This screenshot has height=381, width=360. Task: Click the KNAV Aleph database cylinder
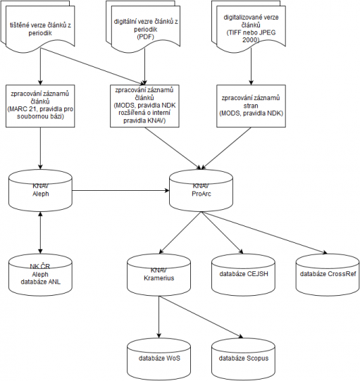coord(40,190)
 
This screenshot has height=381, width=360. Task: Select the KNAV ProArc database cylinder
coord(201,190)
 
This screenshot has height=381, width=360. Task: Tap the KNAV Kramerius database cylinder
coord(159,275)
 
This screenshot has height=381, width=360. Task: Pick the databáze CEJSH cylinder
coord(243,275)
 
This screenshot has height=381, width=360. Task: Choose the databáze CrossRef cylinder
coord(328,275)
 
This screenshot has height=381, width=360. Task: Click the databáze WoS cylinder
coord(159,359)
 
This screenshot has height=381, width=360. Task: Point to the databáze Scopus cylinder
coord(243,359)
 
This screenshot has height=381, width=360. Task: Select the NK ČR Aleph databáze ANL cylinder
coord(40,275)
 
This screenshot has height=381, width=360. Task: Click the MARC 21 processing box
coord(40,106)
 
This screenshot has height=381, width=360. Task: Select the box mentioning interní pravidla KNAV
coord(144,106)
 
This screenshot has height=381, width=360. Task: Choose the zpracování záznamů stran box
coord(251,106)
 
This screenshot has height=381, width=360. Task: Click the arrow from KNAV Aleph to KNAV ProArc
coord(120,190)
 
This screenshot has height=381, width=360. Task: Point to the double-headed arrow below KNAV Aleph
coord(40,233)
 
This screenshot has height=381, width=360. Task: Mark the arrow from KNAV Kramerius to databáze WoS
coord(159,317)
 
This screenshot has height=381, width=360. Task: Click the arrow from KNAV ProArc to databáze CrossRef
coord(264,233)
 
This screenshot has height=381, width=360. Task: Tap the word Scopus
coord(257,358)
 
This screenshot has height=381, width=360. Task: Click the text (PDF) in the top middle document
coord(145,37)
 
